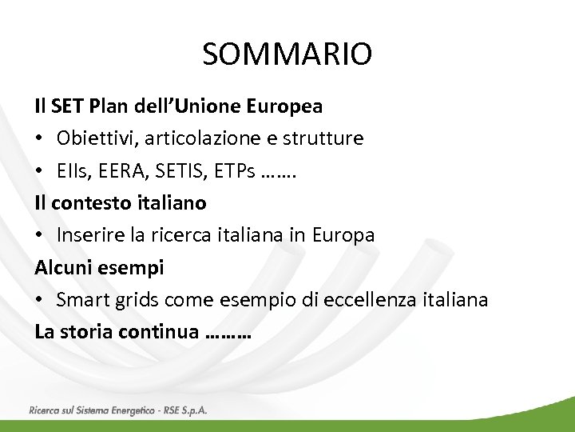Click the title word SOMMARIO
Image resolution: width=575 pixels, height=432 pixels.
[287, 54]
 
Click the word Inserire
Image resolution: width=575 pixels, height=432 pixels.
[89, 235]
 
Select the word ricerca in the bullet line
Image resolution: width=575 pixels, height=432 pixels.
[177, 235]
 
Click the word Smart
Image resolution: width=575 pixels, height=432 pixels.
[81, 300]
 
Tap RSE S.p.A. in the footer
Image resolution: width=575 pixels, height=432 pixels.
[185, 410]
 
